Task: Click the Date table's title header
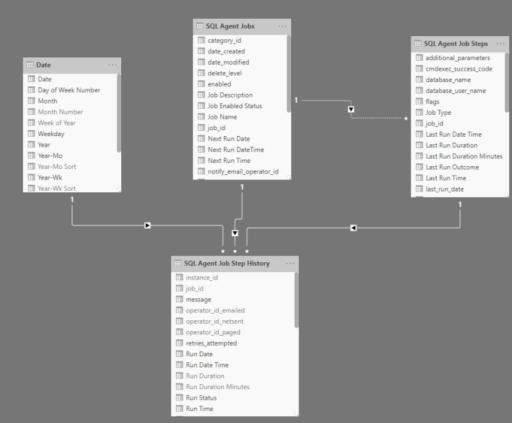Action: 44,65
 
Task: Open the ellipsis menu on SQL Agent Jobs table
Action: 283,26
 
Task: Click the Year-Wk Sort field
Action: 57,188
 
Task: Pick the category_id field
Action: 224,40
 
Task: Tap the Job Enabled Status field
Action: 235,105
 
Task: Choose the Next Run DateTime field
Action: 235,149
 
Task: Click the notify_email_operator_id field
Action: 243,171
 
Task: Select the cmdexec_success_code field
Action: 459,69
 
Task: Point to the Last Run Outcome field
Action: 452,167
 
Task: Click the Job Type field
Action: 438,112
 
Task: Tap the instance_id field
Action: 201,278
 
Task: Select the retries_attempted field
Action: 211,343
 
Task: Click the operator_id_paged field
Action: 213,332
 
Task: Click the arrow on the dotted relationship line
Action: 351,109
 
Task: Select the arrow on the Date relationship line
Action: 147,226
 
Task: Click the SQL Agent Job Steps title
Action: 456,43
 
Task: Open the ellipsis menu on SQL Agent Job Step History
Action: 290,264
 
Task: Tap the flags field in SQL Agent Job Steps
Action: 432,101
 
